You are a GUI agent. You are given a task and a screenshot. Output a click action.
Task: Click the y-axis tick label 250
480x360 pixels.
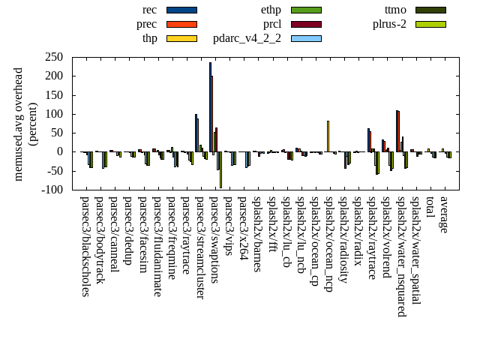[52, 57]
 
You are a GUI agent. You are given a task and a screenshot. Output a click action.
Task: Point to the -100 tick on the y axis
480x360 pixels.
[51, 190]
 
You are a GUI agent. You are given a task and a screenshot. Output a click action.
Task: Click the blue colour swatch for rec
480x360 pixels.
[181, 10]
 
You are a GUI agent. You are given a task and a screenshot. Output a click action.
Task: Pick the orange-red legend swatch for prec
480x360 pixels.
[181, 24]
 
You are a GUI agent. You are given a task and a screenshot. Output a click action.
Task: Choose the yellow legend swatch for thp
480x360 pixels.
[181, 38]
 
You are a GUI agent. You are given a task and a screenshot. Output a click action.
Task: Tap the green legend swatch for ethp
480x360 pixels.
[306, 10]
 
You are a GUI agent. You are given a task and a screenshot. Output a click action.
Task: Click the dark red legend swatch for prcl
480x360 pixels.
[306, 24]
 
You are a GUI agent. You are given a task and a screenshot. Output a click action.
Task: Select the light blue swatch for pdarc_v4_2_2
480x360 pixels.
[306, 38]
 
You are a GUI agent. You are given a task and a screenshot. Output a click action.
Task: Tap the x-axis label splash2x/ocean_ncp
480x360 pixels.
[328, 244]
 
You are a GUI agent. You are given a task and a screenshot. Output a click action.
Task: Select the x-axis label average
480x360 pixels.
[444, 214]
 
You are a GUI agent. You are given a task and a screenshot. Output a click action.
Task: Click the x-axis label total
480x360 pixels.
[430, 208]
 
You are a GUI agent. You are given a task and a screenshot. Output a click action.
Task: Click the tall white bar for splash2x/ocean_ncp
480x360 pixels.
[328, 136]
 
